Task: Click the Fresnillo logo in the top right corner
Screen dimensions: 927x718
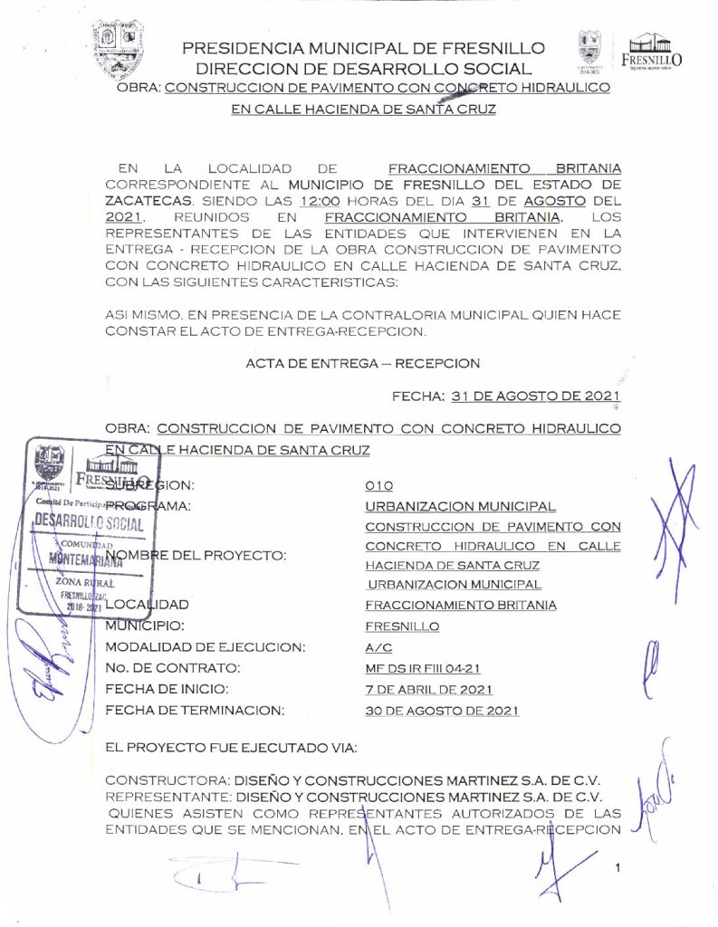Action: (653, 51)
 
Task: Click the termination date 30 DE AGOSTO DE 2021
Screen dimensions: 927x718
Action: (442, 711)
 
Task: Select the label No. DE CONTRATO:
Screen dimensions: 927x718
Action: (173, 668)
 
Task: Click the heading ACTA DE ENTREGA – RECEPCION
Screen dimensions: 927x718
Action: (362, 363)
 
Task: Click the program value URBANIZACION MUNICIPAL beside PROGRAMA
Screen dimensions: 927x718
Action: (460, 506)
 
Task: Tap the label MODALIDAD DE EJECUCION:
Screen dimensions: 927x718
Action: (205, 647)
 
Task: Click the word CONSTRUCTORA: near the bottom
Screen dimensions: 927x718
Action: (168, 779)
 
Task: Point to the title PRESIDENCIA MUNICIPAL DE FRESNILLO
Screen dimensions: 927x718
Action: (363, 48)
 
